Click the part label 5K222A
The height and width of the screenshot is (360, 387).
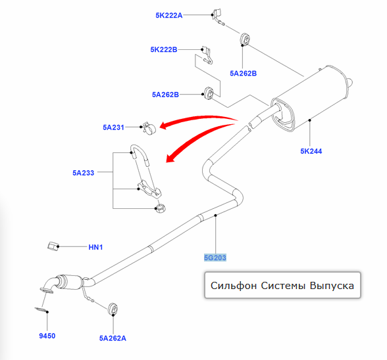point(168,15)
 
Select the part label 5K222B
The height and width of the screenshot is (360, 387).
point(164,49)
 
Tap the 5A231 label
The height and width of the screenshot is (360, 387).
point(113,127)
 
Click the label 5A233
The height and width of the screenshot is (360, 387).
point(83,173)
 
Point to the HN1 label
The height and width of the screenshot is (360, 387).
point(95,247)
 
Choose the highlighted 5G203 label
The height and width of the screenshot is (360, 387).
point(215,258)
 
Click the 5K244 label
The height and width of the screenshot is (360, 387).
point(311,151)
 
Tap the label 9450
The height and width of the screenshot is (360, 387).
point(47,336)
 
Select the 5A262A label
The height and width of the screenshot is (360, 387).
point(113,338)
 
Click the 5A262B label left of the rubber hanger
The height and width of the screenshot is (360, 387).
point(165,95)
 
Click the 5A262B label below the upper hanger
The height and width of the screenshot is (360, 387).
point(243,74)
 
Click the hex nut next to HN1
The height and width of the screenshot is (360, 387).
point(53,246)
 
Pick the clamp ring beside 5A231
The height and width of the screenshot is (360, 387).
point(149,128)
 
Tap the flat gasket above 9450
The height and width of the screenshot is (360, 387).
point(41,309)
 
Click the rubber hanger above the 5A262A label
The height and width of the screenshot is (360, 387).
point(113,309)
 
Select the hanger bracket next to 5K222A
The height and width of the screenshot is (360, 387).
point(218,16)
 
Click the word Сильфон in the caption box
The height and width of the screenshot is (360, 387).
point(234,286)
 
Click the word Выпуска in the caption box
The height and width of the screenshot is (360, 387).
point(332,286)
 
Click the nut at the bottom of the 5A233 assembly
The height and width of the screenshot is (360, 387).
point(160,208)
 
